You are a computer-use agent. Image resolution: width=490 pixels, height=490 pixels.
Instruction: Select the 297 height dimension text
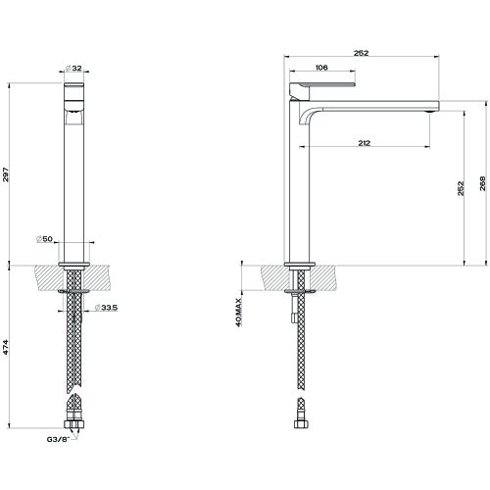[9, 173]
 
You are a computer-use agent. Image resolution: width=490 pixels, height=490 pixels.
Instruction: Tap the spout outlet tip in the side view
[430, 110]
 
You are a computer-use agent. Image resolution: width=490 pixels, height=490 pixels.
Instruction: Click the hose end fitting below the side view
[301, 422]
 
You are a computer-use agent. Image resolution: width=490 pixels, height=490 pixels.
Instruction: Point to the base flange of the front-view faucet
[74, 264]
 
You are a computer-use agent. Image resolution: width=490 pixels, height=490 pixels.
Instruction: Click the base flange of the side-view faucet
[301, 264]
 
